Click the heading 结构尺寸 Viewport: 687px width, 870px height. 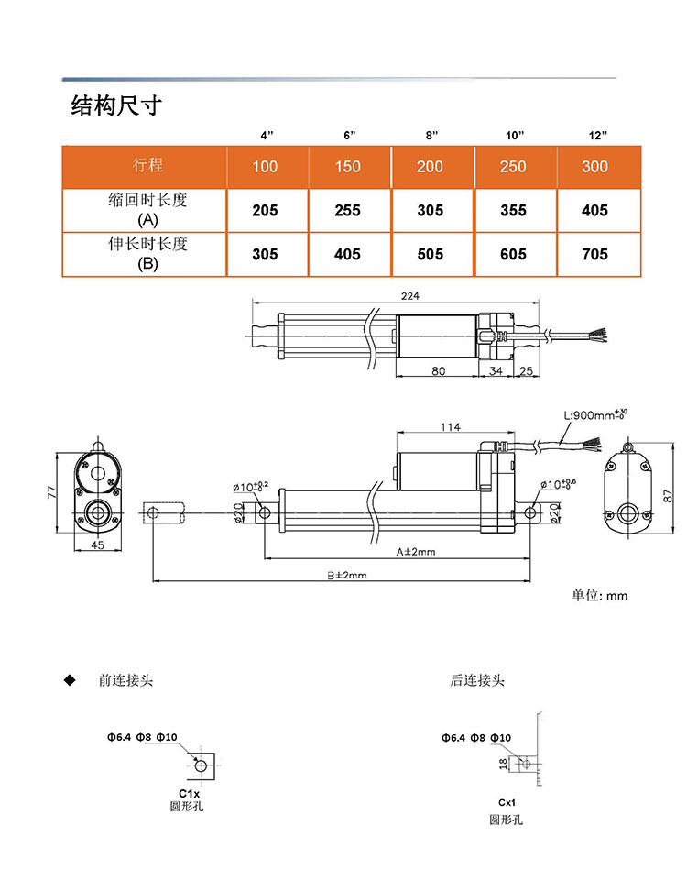point(115,105)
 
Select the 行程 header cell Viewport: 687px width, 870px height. point(147,166)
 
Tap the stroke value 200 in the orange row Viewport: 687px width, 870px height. point(430,167)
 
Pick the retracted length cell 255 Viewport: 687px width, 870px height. point(347,210)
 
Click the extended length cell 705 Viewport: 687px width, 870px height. point(594,254)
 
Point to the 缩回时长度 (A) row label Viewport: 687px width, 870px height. point(147,210)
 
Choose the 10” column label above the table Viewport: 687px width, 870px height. point(515,136)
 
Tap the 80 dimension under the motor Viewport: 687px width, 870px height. point(437,371)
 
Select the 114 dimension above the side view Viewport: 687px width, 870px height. point(449,427)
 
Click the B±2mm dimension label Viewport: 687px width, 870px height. point(347,576)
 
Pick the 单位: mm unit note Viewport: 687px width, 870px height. point(600,595)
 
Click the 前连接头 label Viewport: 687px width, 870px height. point(126,681)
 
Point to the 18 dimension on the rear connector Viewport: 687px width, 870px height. point(502,762)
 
